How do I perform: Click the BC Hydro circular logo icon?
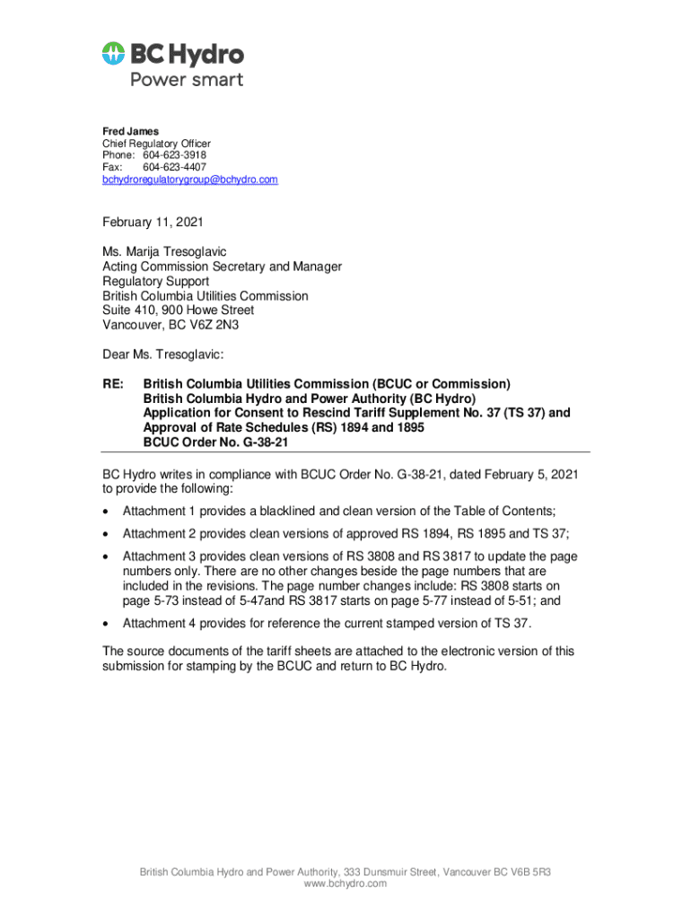coord(114,54)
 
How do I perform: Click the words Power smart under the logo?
coord(187,80)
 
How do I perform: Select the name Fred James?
coord(130,131)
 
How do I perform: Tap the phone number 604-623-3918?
coord(174,155)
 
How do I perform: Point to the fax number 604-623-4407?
coord(174,167)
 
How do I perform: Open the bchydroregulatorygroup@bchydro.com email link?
coord(189,179)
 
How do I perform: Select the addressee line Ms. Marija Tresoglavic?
coord(170,252)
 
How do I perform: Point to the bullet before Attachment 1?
coord(107,512)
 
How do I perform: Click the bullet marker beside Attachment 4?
coord(107,623)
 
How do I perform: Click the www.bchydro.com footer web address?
coord(345,884)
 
